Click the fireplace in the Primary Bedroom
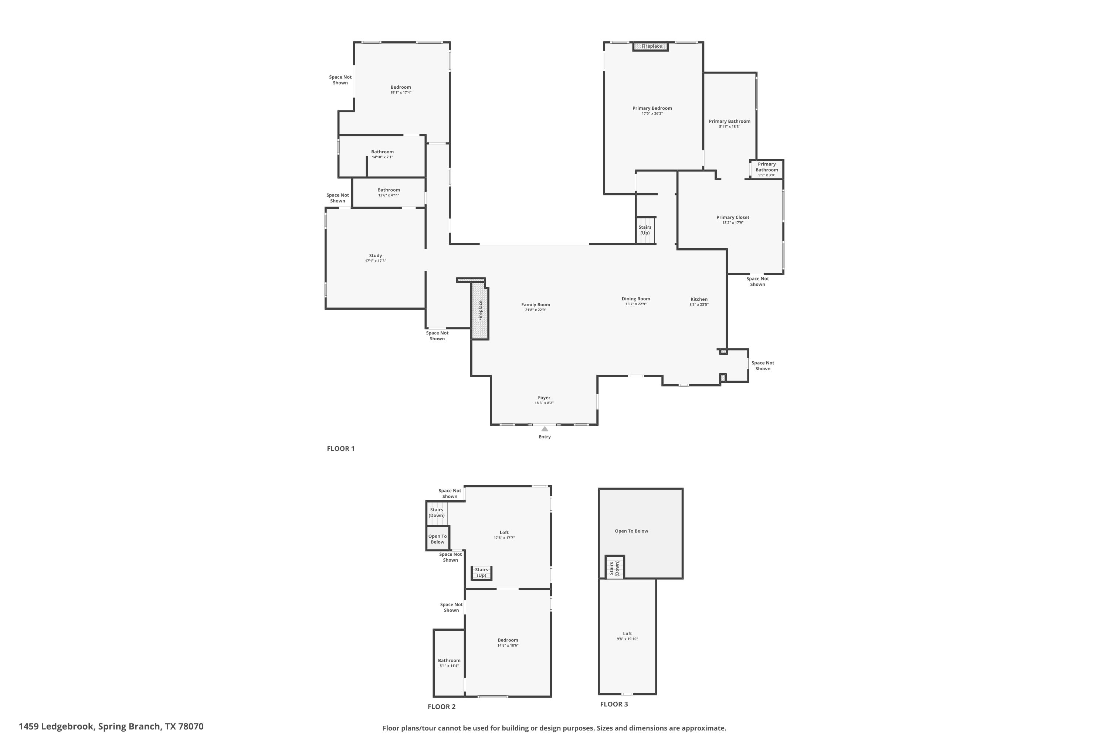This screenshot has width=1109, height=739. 651,46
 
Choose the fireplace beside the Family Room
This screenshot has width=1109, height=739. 480,311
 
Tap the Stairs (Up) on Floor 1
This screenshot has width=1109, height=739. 645,230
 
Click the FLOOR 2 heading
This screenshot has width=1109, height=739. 441,706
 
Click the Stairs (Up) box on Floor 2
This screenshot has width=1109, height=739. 481,573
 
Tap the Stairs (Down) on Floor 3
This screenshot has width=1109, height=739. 614,568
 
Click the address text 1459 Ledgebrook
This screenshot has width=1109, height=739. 57,726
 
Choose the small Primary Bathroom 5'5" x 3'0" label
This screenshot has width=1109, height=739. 767,170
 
